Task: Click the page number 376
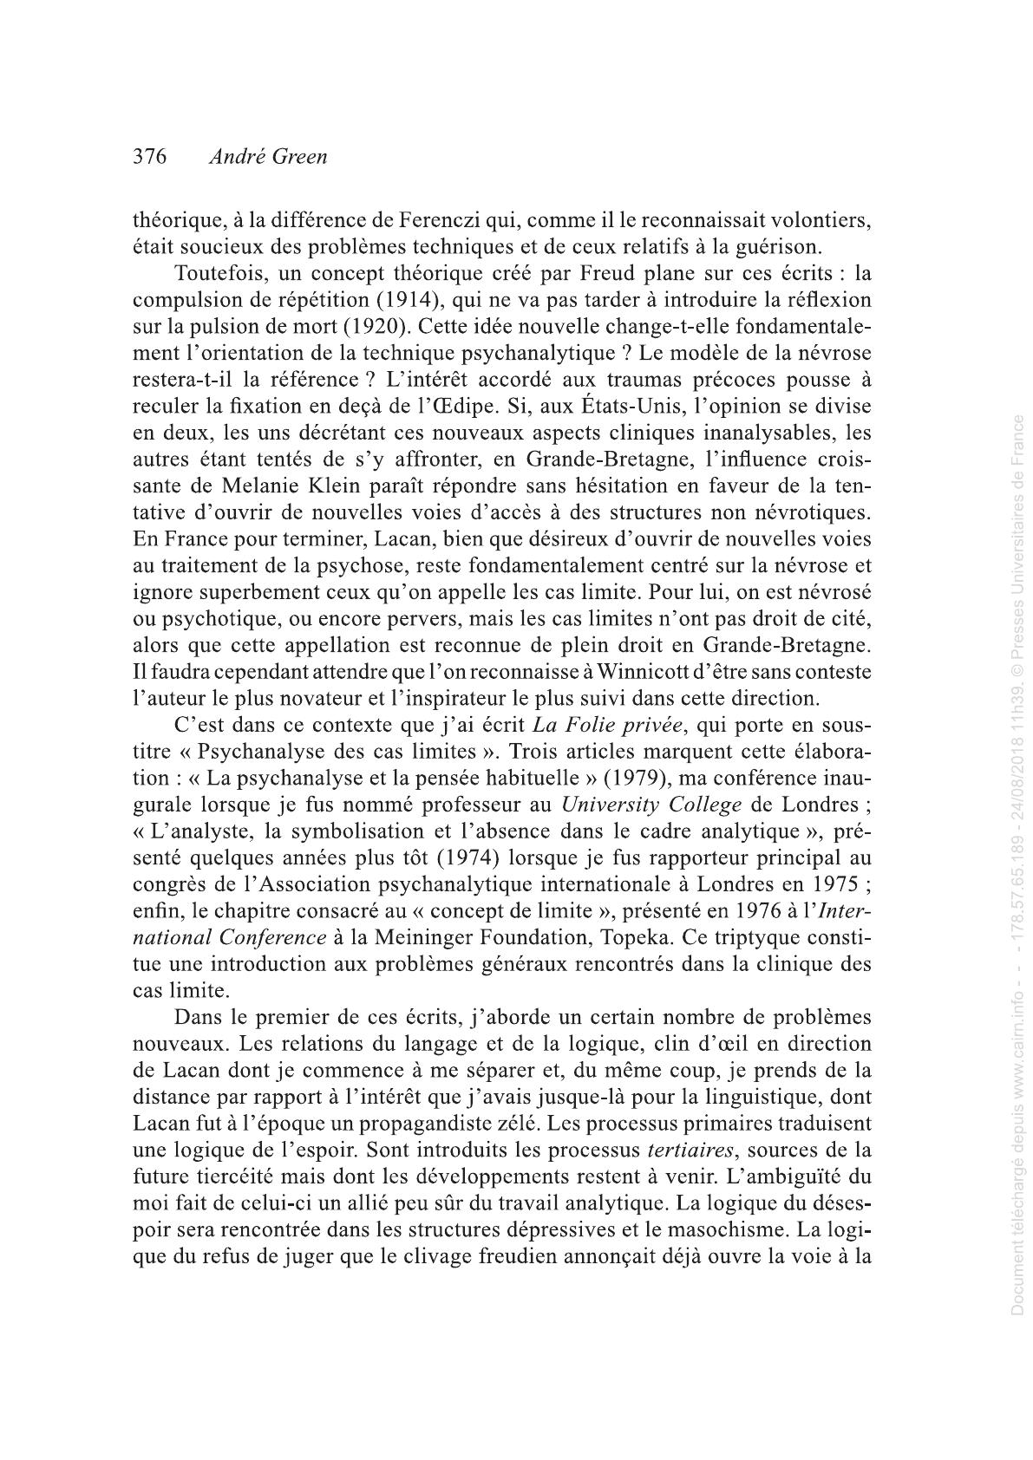click(x=149, y=158)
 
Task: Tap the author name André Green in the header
click(x=268, y=158)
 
